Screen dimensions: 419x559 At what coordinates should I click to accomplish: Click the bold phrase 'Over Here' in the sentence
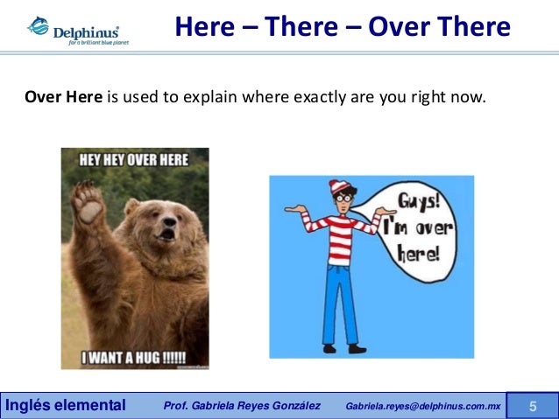pos(63,96)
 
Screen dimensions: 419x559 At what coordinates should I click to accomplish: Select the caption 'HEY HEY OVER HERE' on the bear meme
pos(134,160)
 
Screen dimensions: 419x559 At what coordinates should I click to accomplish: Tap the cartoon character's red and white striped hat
pos(338,189)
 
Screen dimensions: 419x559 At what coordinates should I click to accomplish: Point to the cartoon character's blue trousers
pos(339,297)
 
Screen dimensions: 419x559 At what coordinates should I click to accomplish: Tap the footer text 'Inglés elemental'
pos(66,405)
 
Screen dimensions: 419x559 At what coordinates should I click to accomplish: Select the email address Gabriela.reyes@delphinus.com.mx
pos(423,406)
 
